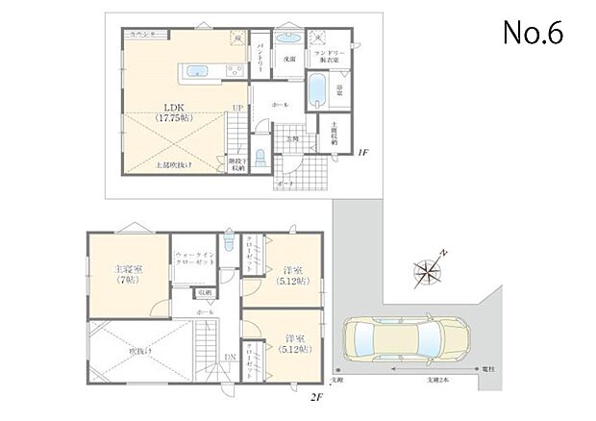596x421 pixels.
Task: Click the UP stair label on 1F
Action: click(x=236, y=107)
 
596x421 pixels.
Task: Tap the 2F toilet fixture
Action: click(x=228, y=243)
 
